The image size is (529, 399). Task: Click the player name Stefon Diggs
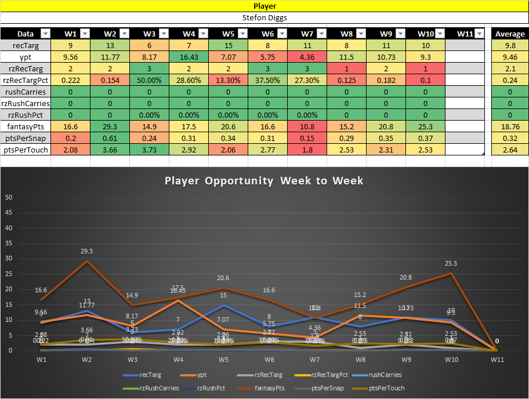point(264,17)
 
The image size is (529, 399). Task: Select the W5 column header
point(228,34)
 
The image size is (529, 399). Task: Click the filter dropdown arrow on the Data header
point(46,34)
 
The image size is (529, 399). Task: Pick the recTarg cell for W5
point(228,45)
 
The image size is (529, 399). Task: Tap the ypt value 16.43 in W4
point(189,57)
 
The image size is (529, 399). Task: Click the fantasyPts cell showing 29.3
point(110,126)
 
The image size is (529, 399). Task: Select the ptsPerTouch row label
point(25,150)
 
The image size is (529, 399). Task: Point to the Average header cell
point(509,34)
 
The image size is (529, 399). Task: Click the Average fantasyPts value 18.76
point(509,126)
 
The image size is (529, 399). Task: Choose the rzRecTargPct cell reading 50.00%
point(149,80)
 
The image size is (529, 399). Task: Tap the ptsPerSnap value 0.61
point(110,138)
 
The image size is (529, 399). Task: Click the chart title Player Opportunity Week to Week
point(264,180)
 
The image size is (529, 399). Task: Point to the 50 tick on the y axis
point(9,197)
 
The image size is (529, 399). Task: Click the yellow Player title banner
point(264,6)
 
